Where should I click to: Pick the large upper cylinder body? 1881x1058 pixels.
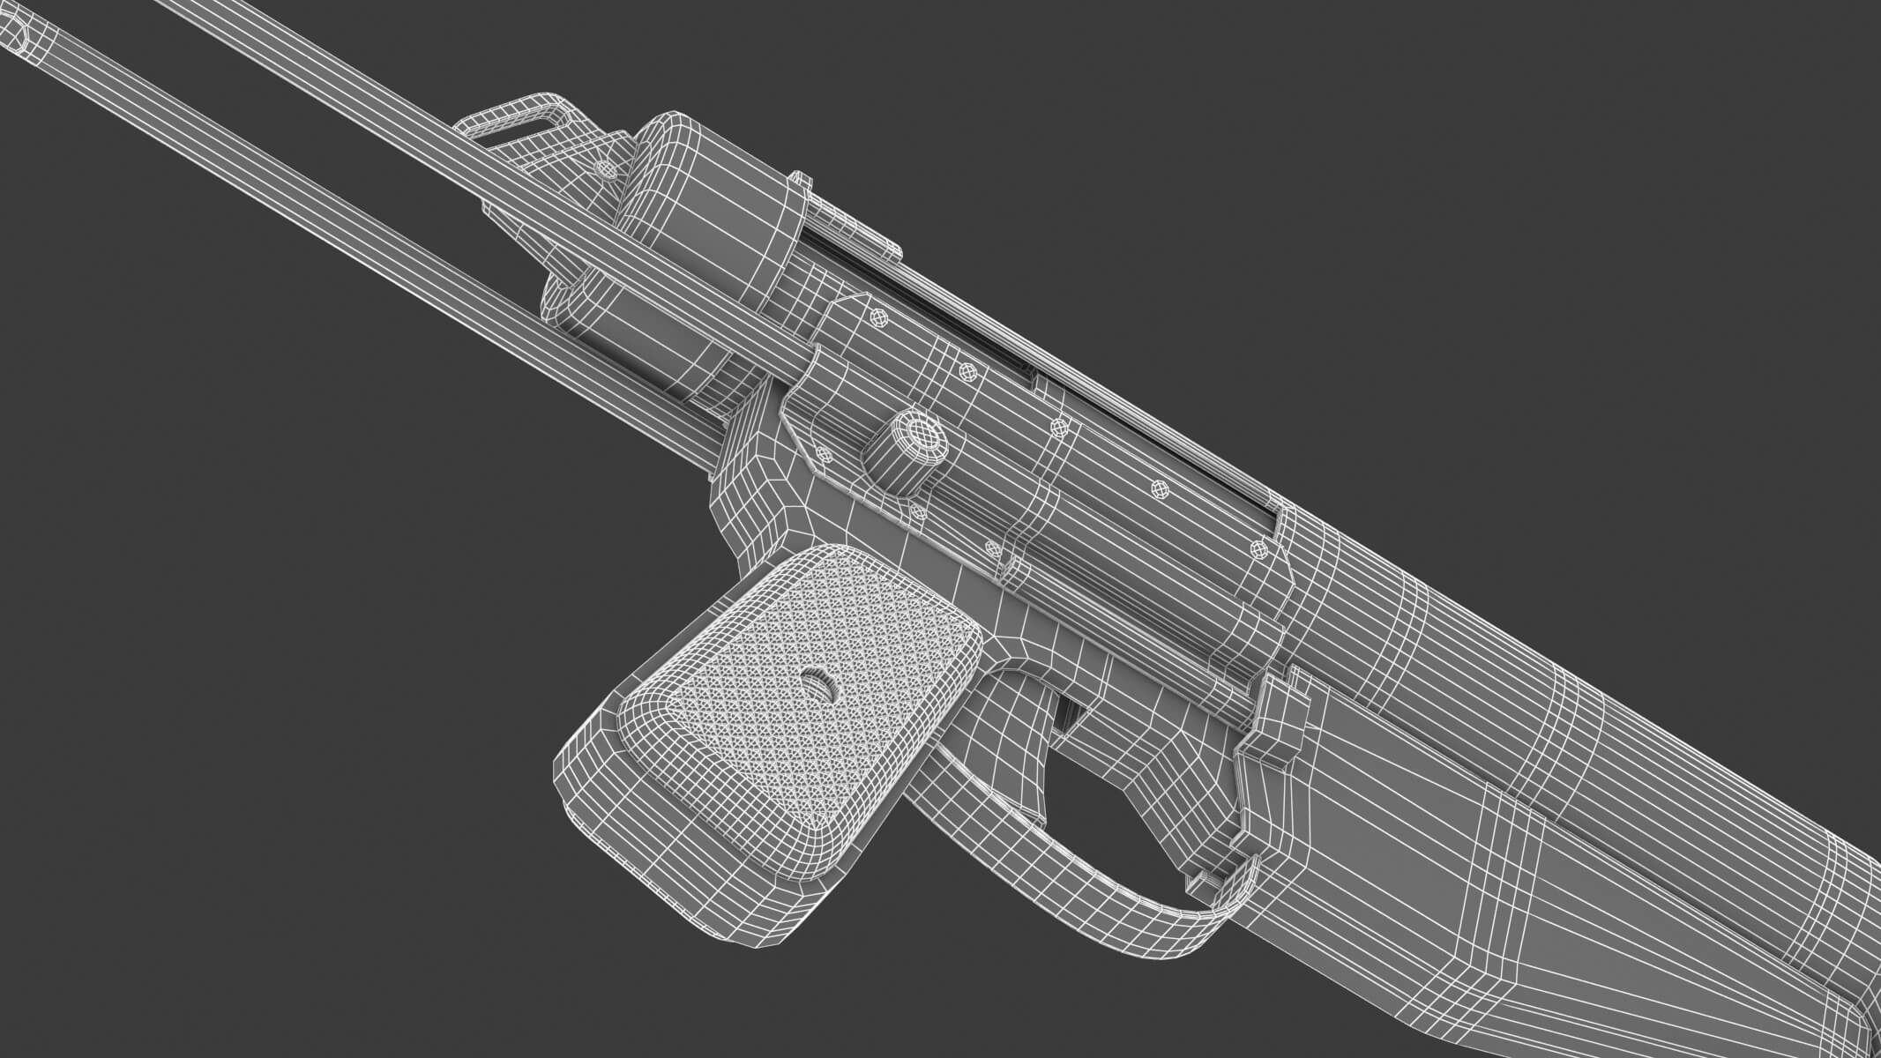click(705, 203)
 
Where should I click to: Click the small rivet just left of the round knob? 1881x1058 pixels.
click(825, 454)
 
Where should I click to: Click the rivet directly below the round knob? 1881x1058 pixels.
click(917, 510)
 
